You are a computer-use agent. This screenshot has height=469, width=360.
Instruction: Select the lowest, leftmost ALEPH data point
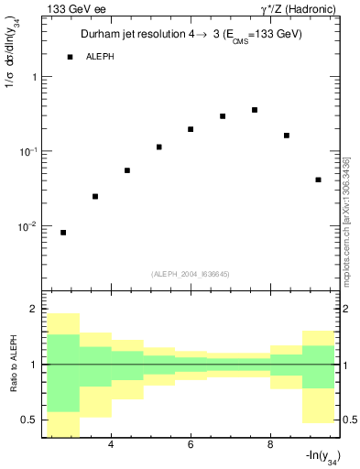(63, 233)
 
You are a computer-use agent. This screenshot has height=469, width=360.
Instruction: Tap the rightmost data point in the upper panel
(318, 180)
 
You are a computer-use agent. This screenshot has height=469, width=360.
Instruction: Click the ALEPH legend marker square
(71, 57)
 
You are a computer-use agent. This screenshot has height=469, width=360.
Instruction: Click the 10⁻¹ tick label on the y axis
(28, 151)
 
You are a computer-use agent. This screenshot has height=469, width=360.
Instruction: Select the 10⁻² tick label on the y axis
(28, 226)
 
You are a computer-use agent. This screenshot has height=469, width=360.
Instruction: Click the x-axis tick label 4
(111, 445)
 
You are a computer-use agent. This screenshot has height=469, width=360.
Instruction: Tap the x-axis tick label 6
(191, 445)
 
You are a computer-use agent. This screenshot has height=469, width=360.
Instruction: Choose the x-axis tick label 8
(270, 445)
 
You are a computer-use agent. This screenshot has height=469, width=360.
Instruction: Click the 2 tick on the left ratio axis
(33, 310)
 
